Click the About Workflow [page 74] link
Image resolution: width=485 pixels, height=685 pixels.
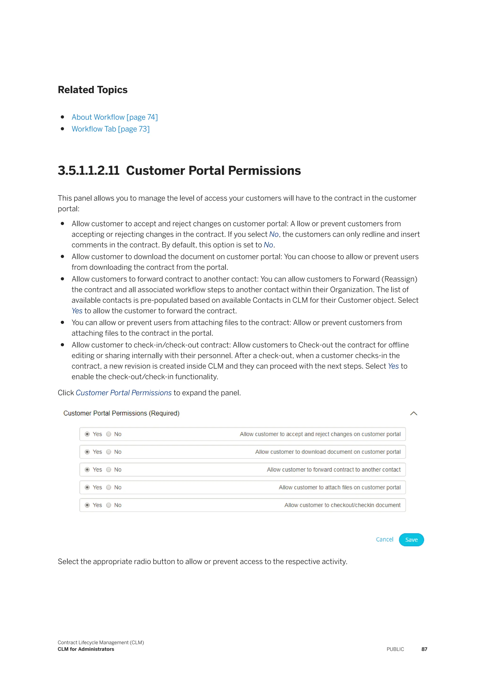coord(114,117)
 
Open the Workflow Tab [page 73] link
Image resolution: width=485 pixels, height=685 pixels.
coord(111,129)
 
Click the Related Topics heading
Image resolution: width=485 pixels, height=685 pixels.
coord(93,90)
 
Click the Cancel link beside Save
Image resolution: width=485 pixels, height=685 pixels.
coord(384,539)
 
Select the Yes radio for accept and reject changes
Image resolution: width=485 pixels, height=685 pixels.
coord(87,434)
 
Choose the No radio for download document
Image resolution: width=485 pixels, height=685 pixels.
coord(109,452)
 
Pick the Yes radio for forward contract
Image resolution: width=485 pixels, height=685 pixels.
coord(87,470)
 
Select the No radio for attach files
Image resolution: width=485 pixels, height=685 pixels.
coord(109,487)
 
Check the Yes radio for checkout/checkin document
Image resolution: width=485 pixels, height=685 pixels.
coord(87,505)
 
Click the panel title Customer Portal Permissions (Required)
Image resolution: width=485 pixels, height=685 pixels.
coord(121,413)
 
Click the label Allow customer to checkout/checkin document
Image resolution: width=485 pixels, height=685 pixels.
coord(342,505)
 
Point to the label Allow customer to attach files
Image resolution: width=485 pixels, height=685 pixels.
coord(340,487)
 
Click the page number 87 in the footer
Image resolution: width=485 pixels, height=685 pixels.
coord(424,649)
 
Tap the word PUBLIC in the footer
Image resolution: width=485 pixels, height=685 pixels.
coord(395,649)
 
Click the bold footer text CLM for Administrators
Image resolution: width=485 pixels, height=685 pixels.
coord(86,649)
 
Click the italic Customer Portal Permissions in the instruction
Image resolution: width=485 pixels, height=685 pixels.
coord(124,393)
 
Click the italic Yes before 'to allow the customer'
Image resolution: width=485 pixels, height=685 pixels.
coord(77,311)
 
